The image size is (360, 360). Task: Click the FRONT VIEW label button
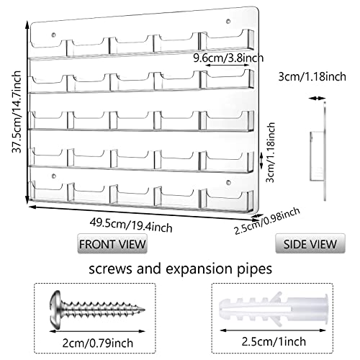[x=112, y=243]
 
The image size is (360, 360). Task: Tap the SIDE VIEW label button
[x=310, y=243]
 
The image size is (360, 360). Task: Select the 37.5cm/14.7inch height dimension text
[x=17, y=112]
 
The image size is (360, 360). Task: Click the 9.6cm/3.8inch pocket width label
[x=228, y=58]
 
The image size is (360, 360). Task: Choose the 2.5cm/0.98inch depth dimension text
[x=267, y=220]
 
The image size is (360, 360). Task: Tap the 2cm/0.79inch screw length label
[x=98, y=343]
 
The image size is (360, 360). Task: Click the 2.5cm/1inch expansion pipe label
[x=274, y=341]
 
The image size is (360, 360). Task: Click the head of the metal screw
[x=55, y=309]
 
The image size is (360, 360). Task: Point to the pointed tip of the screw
[x=144, y=310]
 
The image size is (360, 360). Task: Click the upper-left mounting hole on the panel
[x=54, y=35]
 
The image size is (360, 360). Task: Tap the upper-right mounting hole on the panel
[x=228, y=21]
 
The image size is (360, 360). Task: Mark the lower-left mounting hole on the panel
[x=54, y=176]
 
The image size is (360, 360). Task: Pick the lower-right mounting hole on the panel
[x=228, y=183]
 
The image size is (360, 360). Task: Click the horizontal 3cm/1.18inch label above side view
[x=312, y=77]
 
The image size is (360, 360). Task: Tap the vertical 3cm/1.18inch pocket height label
[x=271, y=153]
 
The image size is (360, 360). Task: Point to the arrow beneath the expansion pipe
[x=273, y=330]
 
